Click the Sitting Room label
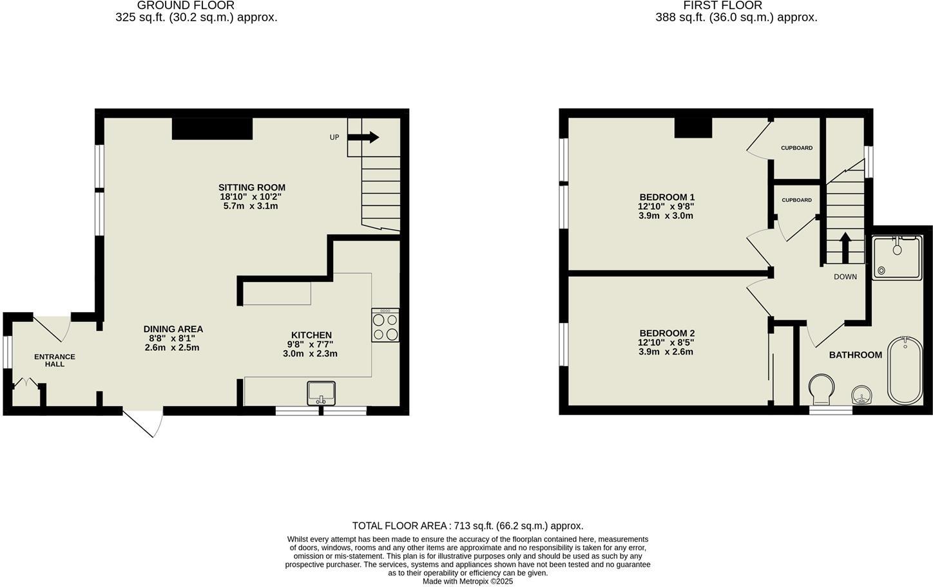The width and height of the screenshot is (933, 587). point(251,188)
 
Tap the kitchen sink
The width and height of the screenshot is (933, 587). point(321,393)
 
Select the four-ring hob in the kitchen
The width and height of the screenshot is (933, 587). point(385,325)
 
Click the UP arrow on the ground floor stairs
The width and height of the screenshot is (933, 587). point(365,137)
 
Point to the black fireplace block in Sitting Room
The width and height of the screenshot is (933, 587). point(211,129)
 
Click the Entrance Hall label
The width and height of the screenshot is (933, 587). point(55,360)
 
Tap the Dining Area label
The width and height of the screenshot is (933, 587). point(173,329)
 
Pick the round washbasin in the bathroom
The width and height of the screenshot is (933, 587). point(861,395)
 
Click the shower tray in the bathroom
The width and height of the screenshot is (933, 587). point(897,257)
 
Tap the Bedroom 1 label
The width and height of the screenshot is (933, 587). point(666,197)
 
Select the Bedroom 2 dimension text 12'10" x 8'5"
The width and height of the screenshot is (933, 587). point(666,342)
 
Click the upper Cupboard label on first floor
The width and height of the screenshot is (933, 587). point(796,148)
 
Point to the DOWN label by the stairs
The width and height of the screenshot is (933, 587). point(845,277)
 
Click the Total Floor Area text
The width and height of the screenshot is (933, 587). point(467,526)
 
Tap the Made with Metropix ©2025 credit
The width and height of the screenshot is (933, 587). point(467,581)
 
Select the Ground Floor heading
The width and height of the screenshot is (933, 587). point(186,5)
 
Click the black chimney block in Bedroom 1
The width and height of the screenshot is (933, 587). point(693,127)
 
